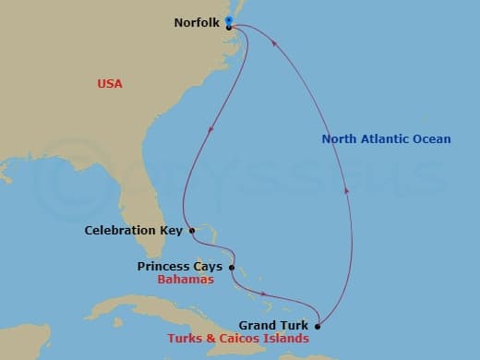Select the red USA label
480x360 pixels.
coord(110,84)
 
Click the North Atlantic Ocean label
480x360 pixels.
coord(386,139)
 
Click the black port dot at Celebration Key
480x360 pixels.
coord(192,231)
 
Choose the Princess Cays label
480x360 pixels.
coord(180,267)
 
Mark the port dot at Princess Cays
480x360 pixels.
coord(232,268)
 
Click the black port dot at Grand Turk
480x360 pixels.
coord(318,325)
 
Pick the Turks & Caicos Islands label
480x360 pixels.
coord(238,338)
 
